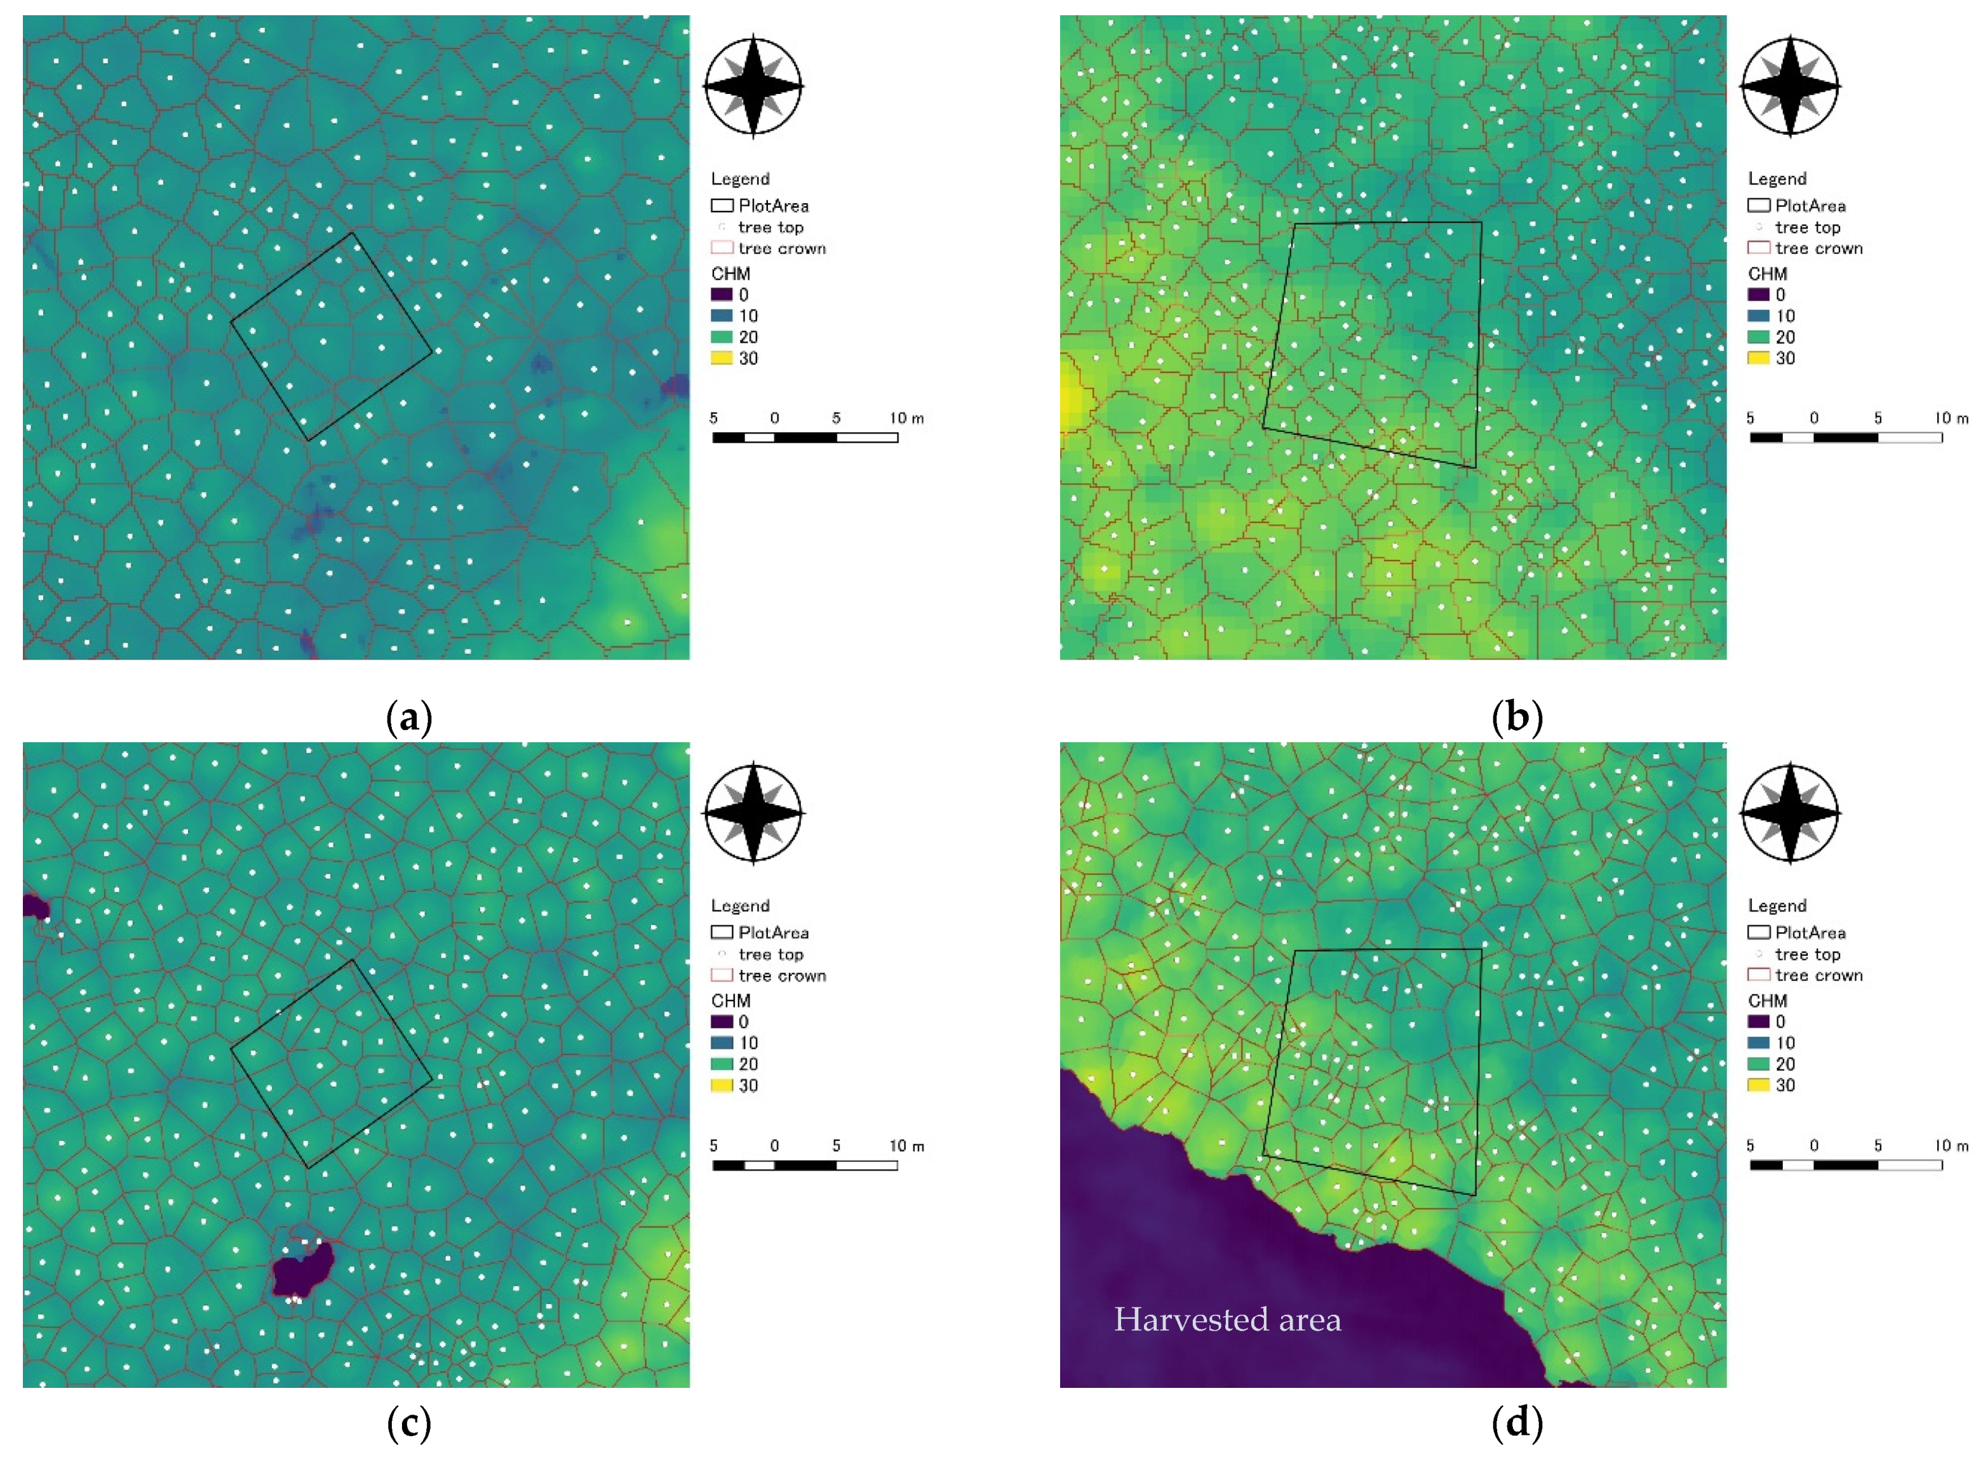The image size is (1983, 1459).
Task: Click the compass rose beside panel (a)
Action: (x=753, y=86)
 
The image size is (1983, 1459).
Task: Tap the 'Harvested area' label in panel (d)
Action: (x=1227, y=1319)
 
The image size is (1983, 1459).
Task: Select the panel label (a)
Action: (x=409, y=717)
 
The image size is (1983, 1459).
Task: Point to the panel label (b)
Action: (x=1517, y=717)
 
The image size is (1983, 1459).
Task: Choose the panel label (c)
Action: (x=409, y=1423)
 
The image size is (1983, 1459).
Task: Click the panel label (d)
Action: (x=1517, y=1423)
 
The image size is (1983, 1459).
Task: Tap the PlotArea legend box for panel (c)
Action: (x=722, y=933)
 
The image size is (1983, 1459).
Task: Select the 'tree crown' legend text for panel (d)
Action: (x=1818, y=976)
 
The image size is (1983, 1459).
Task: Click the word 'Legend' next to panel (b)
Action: (x=1777, y=179)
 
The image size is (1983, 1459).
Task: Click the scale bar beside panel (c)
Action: (x=805, y=1166)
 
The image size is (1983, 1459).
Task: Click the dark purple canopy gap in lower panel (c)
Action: (x=302, y=1272)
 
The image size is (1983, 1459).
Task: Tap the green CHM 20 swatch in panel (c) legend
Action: (x=722, y=1064)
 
